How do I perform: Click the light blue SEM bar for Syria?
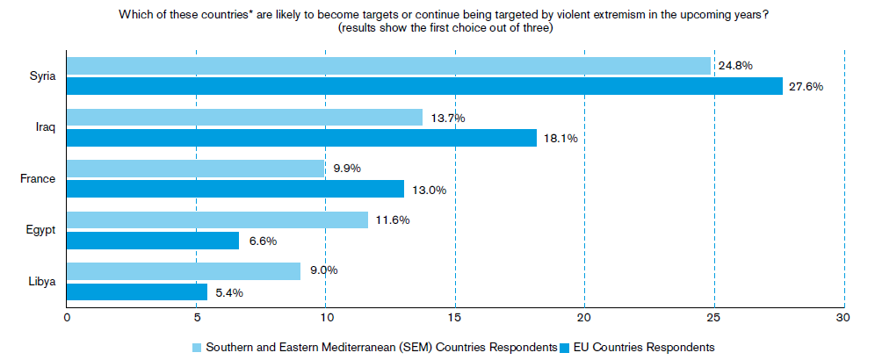pyautogui.click(x=388, y=66)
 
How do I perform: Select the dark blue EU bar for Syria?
pyautogui.click(x=424, y=86)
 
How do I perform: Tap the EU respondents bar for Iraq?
pyautogui.click(x=302, y=138)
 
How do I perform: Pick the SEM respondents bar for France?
pyautogui.click(x=195, y=169)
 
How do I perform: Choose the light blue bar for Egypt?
pyautogui.click(x=218, y=220)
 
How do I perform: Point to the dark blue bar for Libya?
pyautogui.click(x=137, y=292)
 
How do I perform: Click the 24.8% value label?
pyautogui.click(x=735, y=66)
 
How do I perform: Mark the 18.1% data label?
pyautogui.click(x=560, y=138)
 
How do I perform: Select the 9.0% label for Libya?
pyautogui.click(x=323, y=270)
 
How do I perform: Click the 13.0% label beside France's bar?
pyautogui.click(x=429, y=190)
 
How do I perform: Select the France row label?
pyautogui.click(x=38, y=179)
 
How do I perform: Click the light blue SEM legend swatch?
pyautogui.click(x=197, y=347)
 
